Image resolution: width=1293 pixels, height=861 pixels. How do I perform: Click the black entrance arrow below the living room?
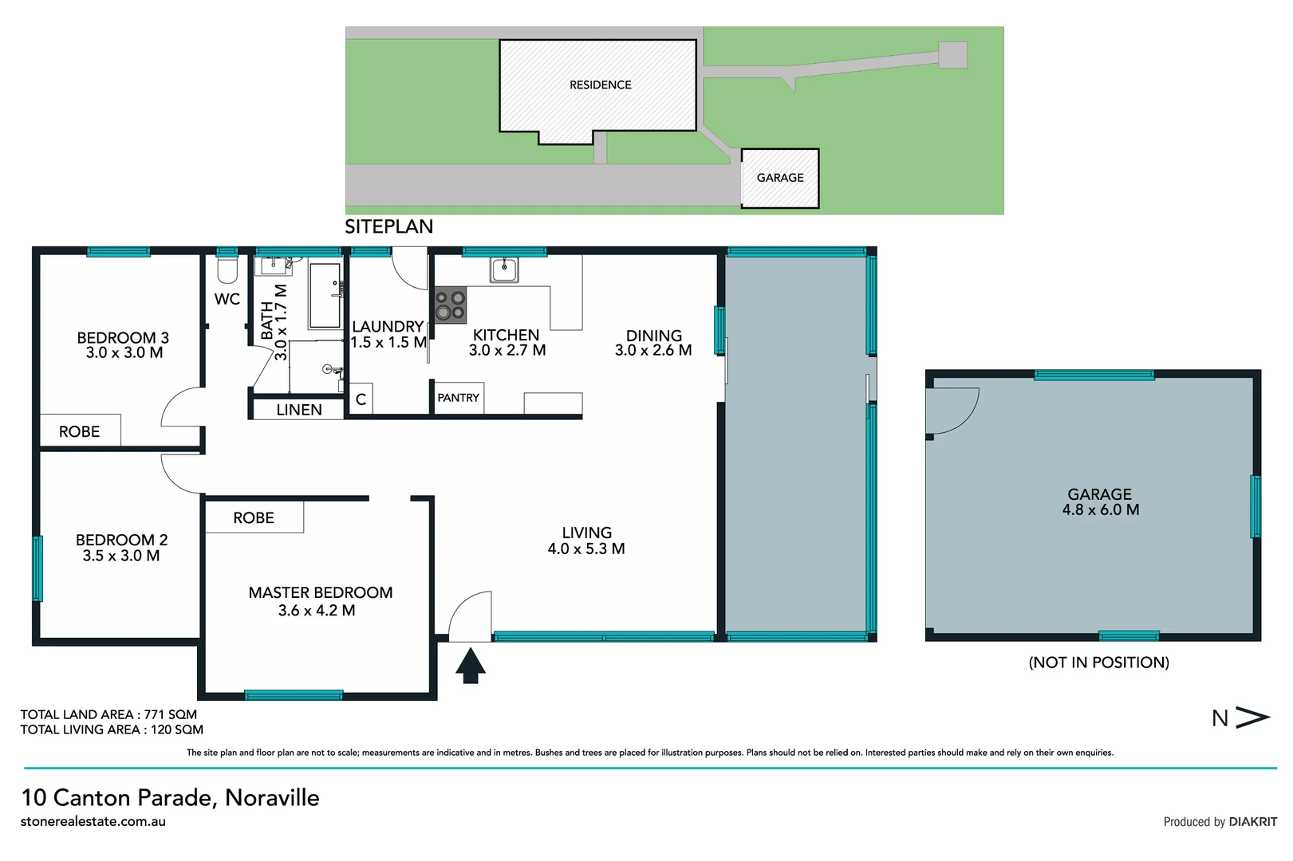(471, 666)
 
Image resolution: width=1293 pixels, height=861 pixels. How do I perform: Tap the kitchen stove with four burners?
(450, 305)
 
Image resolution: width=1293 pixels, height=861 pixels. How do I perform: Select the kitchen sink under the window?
(503, 270)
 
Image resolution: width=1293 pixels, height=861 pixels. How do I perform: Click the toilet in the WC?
(227, 270)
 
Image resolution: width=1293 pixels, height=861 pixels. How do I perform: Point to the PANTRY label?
(459, 398)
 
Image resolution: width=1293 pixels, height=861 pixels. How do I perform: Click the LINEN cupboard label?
(299, 410)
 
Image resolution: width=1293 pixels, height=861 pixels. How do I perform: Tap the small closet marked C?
(361, 399)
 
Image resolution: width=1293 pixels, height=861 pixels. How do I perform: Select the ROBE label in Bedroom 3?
(79, 431)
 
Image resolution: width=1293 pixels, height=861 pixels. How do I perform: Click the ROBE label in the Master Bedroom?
(254, 517)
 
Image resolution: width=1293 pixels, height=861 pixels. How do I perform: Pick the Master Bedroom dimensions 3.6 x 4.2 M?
(317, 611)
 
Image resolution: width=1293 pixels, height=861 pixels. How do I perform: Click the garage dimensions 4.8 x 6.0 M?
(1100, 510)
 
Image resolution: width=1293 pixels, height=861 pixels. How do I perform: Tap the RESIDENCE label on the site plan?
(600, 85)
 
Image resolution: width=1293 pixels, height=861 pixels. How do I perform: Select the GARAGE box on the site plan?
(780, 178)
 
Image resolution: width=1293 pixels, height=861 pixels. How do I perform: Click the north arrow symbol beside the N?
(1252, 717)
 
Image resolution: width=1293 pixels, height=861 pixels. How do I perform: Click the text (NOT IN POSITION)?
(1098, 662)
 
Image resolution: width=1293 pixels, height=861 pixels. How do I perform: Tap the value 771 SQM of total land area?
(170, 714)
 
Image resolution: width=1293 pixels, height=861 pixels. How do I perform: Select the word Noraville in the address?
(272, 797)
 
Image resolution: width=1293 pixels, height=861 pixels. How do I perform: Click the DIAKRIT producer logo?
(1252, 822)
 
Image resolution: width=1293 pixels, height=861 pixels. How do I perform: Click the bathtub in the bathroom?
(325, 296)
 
